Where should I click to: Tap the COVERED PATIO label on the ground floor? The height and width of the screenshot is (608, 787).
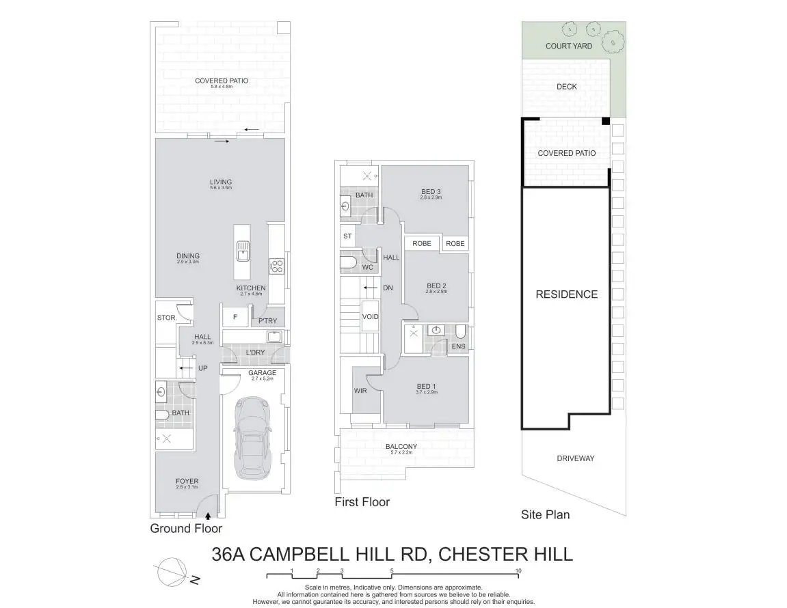(221, 81)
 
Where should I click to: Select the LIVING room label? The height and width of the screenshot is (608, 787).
(221, 182)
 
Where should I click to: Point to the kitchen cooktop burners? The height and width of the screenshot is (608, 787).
(276, 265)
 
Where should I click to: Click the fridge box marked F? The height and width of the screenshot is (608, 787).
(235, 317)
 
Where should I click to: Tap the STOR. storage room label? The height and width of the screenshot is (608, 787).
(166, 318)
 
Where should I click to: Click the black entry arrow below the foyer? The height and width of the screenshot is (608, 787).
(208, 517)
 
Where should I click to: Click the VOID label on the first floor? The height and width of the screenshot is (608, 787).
(370, 317)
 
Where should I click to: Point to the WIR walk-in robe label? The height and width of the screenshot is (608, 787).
(360, 391)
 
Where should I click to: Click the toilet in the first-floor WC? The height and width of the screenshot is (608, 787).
(351, 262)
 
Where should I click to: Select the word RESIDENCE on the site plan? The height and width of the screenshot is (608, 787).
(566, 294)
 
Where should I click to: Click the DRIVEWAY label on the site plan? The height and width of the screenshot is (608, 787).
(575, 458)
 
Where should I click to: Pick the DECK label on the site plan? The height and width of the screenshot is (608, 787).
(566, 87)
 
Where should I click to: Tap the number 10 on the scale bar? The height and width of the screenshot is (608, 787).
(518, 570)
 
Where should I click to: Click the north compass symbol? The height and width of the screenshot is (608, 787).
(172, 572)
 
